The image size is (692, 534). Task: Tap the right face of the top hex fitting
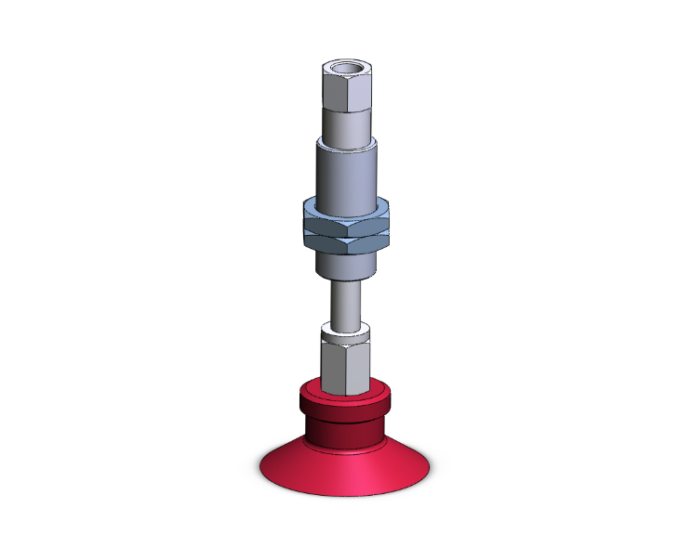(x=357, y=91)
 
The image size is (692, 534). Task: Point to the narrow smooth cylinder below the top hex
(x=346, y=123)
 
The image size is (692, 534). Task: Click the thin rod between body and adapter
(x=346, y=302)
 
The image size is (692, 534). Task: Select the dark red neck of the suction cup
(x=344, y=433)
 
